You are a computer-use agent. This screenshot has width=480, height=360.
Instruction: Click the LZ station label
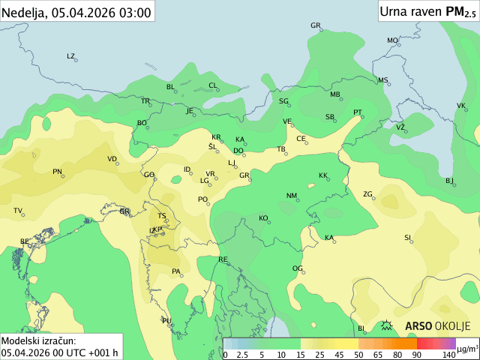pyautogui.click(x=71, y=56)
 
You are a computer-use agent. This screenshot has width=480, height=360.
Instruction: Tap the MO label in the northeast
pyautogui.click(x=392, y=40)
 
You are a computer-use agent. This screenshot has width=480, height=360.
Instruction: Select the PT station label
pyautogui.click(x=358, y=112)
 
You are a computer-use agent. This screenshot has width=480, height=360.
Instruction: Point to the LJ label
pyautogui.click(x=232, y=163)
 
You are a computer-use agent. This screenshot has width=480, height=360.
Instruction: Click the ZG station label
pyautogui.click(x=367, y=194)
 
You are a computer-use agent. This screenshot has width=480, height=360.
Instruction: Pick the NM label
pyautogui.click(x=292, y=196)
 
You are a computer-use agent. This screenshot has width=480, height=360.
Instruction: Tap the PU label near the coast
pyautogui.click(x=166, y=321)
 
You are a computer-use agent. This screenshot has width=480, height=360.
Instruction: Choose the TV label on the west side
pyautogui.click(x=18, y=211)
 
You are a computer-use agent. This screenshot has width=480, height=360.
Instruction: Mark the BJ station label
pyautogui.click(x=449, y=181)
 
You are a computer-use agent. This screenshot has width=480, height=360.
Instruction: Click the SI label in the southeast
pyautogui.click(x=408, y=238)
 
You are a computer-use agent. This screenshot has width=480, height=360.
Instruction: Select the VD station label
pyautogui.click(x=112, y=159)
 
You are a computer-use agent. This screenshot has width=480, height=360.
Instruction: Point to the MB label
pyautogui.click(x=335, y=94)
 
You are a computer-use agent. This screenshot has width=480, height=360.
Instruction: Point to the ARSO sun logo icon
pyautogui.click(x=387, y=325)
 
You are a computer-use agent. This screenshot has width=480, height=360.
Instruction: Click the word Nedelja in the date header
pyautogui.click(x=24, y=12)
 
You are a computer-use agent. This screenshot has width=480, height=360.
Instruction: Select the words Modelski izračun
pyautogui.click(x=38, y=340)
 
